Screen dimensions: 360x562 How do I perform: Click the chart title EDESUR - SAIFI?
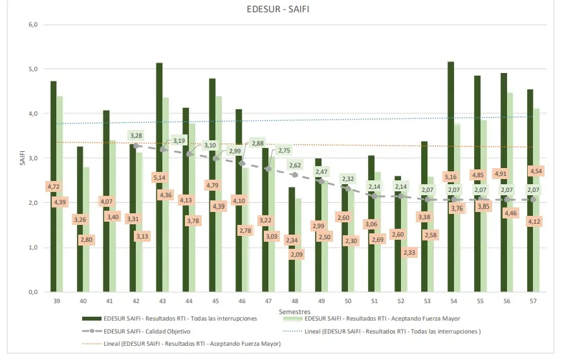click(281, 10)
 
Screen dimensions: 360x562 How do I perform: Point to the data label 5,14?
click(160, 177)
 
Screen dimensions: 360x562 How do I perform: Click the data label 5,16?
click(451, 176)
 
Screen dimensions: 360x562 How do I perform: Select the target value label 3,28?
click(136, 136)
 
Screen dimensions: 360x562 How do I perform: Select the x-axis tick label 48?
click(294, 301)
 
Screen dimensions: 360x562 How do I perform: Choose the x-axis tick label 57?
click(533, 301)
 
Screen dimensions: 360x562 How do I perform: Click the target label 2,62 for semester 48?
click(296, 165)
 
